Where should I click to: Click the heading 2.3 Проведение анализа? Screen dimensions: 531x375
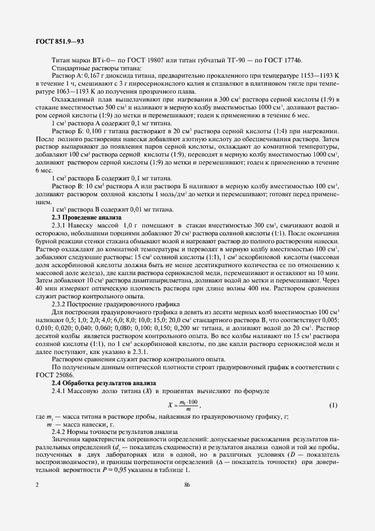tap(86, 218)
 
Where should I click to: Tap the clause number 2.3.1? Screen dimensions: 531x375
tap(60, 226)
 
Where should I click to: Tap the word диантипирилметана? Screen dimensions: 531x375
tap(152, 281)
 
